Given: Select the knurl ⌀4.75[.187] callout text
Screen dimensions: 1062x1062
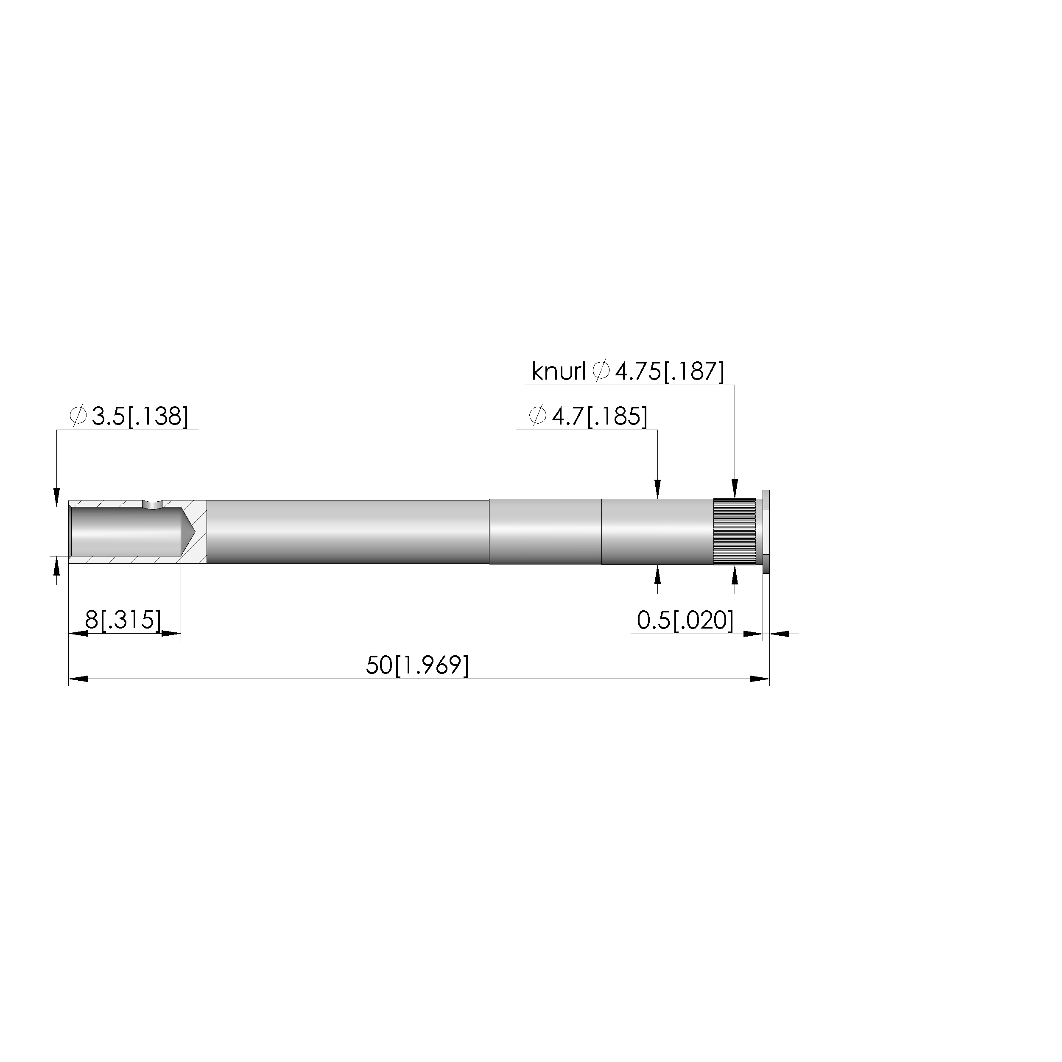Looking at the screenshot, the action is click(628, 372).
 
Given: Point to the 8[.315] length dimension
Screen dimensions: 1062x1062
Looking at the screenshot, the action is click(123, 620).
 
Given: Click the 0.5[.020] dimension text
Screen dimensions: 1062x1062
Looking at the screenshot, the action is click(685, 620).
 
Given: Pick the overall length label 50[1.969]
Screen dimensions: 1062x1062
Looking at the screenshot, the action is click(418, 665).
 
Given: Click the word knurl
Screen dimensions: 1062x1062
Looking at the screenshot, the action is click(559, 372).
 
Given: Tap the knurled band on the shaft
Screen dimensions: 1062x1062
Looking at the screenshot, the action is click(735, 531).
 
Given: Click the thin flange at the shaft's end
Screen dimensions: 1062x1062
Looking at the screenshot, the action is click(766, 531).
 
